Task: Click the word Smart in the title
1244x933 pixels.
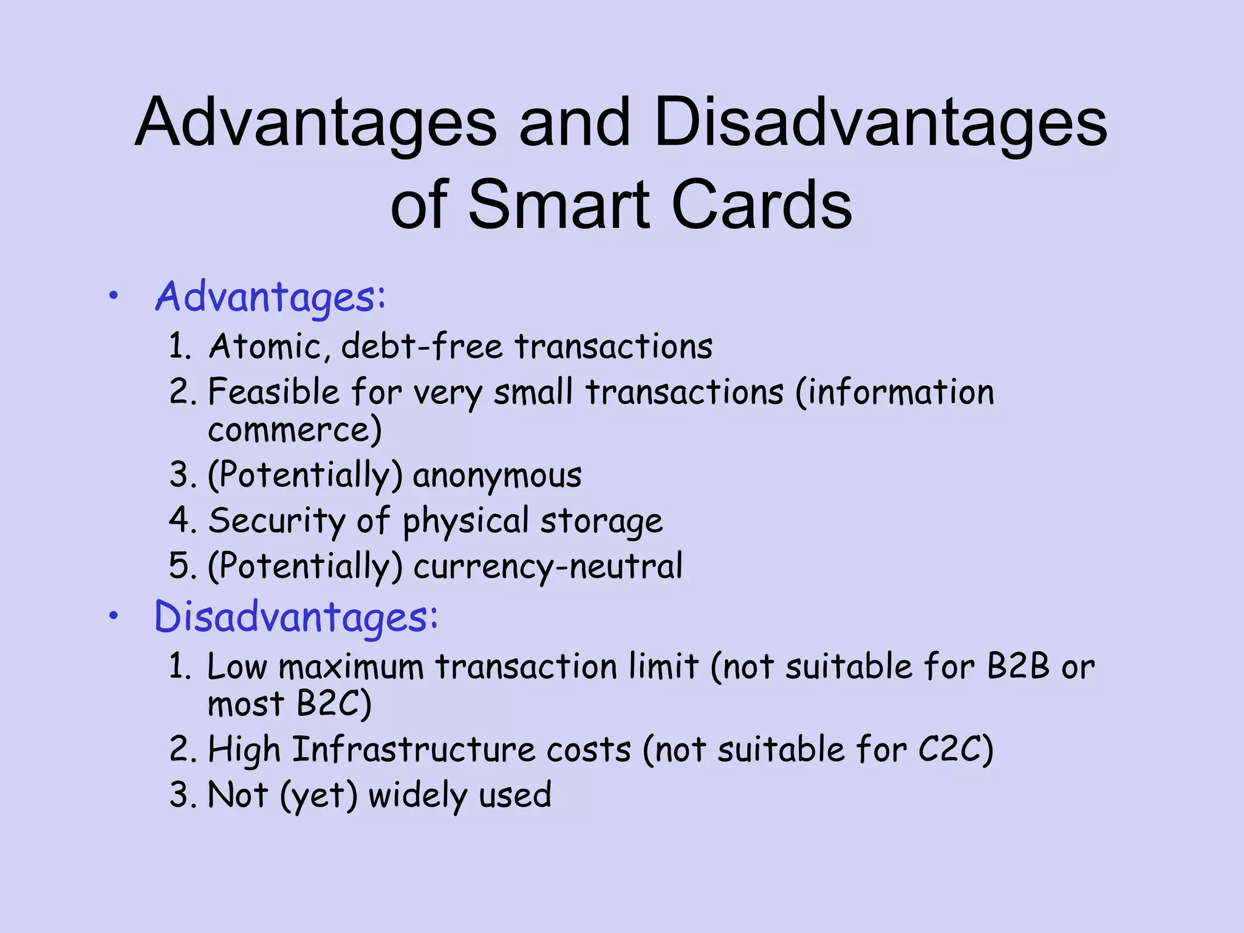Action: pyautogui.click(x=559, y=205)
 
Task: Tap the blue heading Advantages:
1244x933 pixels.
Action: pyautogui.click(x=270, y=297)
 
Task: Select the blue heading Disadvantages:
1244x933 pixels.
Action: pyautogui.click(x=296, y=617)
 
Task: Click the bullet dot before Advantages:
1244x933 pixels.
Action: pyautogui.click(x=114, y=296)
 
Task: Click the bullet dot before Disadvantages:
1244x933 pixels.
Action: pyautogui.click(x=114, y=617)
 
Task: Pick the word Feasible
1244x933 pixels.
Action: pyautogui.click(x=273, y=392)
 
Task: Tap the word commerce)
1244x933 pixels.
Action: pyautogui.click(x=295, y=430)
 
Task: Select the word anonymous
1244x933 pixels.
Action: pyautogui.click(x=497, y=476)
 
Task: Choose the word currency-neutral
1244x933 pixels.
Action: pyautogui.click(x=548, y=567)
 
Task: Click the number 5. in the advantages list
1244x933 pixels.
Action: pyautogui.click(x=183, y=566)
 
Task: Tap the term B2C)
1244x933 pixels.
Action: pyautogui.click(x=333, y=705)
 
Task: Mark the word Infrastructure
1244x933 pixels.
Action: pyautogui.click(x=414, y=750)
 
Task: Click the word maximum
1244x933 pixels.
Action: pyautogui.click(x=350, y=667)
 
